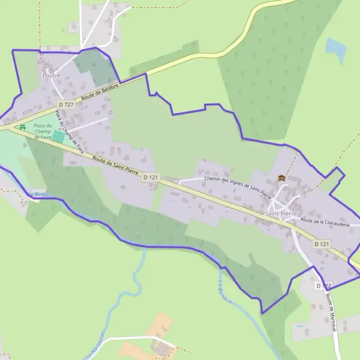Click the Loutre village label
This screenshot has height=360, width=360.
52,76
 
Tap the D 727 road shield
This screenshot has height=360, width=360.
66,104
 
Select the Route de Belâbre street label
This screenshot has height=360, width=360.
101,91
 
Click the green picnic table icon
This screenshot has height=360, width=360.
22,127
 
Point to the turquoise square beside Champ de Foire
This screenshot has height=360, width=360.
58,136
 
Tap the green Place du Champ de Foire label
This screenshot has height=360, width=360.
43,131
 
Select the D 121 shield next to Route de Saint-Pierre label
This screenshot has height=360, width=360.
151,178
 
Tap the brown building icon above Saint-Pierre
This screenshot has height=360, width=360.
281,178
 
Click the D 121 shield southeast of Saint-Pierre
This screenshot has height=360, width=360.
322,244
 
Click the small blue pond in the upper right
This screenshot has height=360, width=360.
336,50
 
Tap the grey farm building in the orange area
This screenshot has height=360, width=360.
160,346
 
